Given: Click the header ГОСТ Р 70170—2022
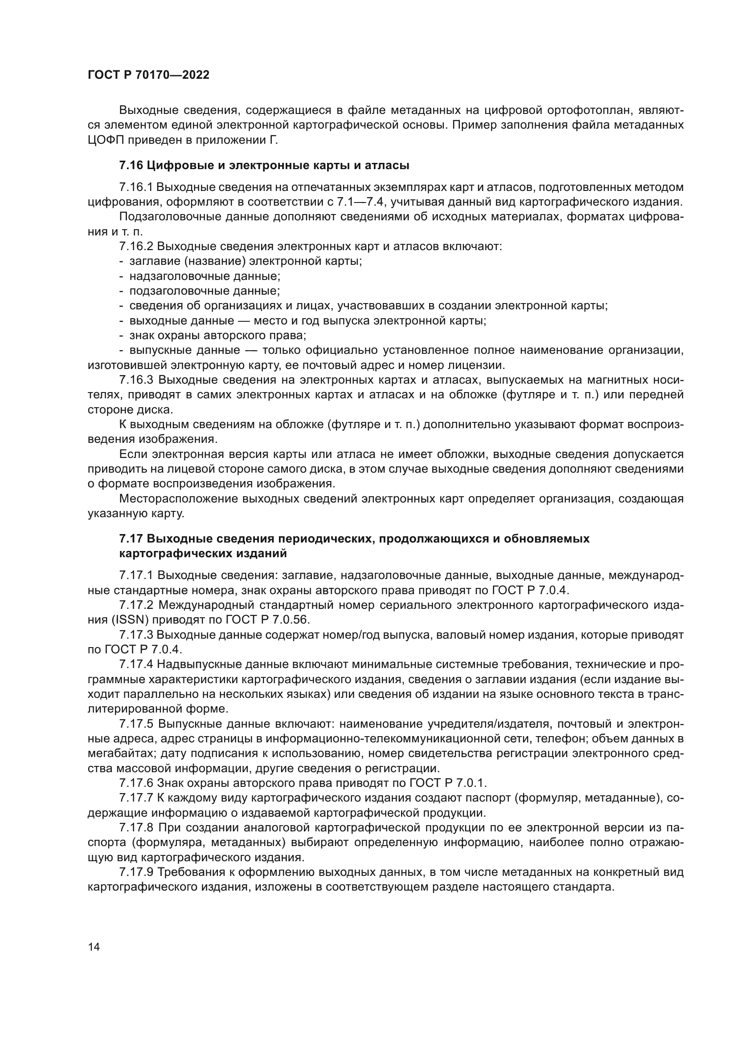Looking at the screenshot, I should click(148, 75).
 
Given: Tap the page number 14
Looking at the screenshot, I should click(94, 947).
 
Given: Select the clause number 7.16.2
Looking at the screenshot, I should click(137, 247).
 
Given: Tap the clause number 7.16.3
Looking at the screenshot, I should click(137, 380).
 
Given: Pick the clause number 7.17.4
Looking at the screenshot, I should click(137, 664).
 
